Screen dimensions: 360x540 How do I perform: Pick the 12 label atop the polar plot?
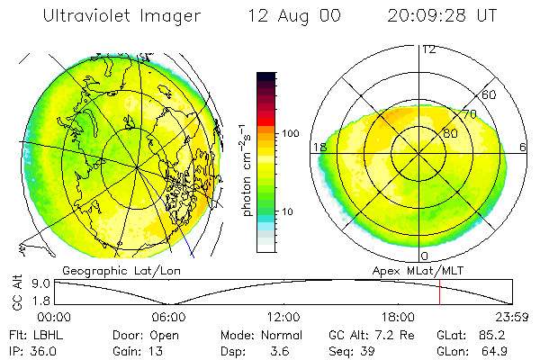coord(428,49)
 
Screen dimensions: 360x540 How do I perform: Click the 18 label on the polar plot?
coord(319,148)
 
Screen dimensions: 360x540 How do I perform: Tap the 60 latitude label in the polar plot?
coord(490,94)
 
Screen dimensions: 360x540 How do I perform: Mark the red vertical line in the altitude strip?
coord(439,292)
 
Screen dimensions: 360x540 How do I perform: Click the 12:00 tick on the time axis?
coord(283,317)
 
